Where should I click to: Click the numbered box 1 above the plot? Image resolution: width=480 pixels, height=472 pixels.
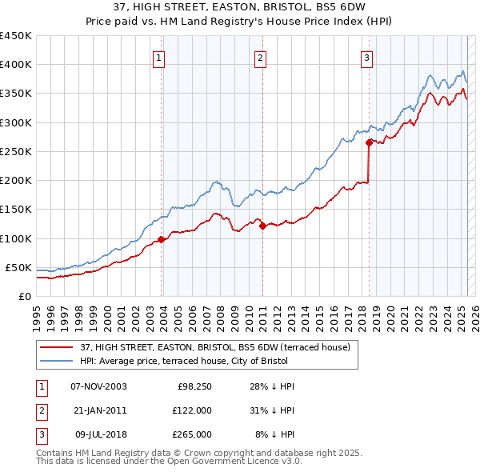click(x=159, y=57)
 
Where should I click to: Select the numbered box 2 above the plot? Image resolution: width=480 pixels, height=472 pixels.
click(x=261, y=57)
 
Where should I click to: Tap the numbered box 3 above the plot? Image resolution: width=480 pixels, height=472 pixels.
click(x=366, y=57)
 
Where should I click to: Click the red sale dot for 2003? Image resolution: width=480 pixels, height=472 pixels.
click(x=162, y=239)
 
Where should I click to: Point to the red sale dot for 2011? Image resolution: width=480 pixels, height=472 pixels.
click(x=262, y=226)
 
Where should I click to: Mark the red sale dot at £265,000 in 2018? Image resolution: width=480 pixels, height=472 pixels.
click(x=369, y=143)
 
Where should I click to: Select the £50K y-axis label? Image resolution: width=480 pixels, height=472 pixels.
click(x=19, y=267)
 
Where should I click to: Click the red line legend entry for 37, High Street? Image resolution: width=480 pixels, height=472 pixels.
click(x=214, y=347)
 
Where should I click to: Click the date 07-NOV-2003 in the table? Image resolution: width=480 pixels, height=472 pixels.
click(x=98, y=386)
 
